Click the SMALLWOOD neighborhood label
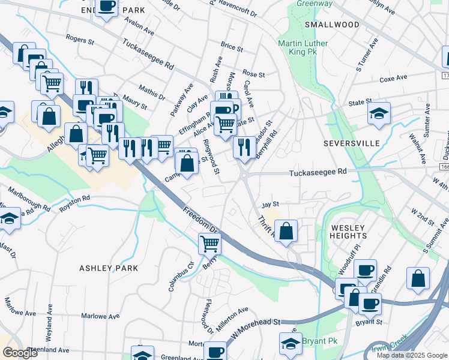(331, 25)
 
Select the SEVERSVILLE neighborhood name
(351, 144)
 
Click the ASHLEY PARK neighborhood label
(109, 268)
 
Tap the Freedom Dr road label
(201, 220)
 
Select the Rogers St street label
(80, 40)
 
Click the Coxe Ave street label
(393, 78)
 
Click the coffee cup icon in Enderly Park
(106, 7)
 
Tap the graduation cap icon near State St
(379, 113)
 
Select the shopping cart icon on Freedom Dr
(209, 244)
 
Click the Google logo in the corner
(20, 353)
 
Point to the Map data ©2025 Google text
(411, 355)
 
